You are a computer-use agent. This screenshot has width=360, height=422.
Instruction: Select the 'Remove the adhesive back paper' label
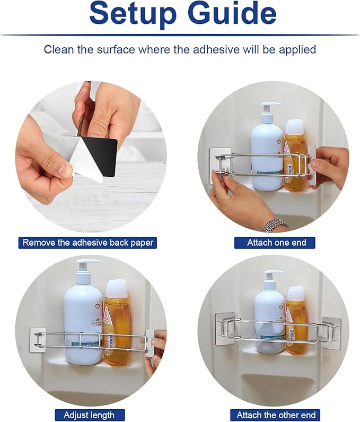coord(87,243)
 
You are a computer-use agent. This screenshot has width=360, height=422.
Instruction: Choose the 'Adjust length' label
coord(89,415)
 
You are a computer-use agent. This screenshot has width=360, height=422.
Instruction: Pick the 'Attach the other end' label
coord(276,415)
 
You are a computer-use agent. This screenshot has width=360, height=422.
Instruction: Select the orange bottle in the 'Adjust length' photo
coord(118,322)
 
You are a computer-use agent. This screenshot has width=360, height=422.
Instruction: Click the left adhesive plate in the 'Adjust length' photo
coord(37,339)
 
